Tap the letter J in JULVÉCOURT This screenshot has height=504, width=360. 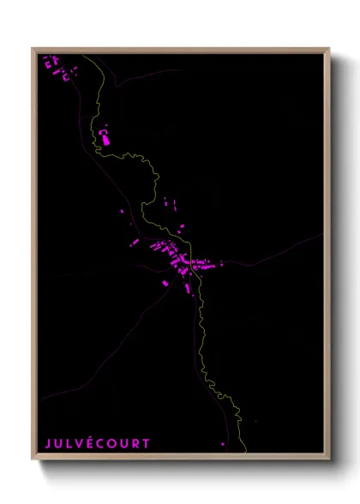point(49,443)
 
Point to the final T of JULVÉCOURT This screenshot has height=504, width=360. point(147,443)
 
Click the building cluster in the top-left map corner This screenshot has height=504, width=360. point(57,68)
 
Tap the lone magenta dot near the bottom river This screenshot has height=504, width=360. point(223,444)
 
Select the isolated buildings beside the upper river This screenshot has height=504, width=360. point(105,135)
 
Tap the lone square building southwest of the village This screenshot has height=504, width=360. point(166,282)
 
